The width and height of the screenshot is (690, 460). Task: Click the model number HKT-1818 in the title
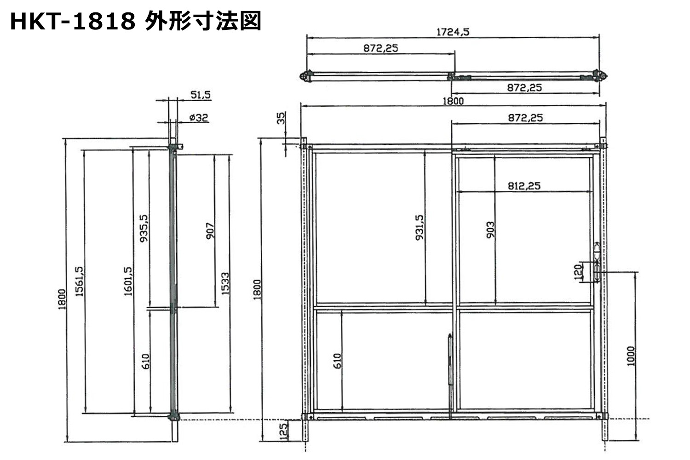point(73,21)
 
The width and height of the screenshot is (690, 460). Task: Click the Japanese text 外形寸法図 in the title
point(203,21)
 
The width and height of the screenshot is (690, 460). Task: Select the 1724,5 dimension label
point(453,32)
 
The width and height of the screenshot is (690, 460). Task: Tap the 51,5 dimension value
point(201,95)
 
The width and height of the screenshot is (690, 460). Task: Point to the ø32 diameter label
point(199,117)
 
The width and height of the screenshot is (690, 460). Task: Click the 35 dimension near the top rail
point(281,118)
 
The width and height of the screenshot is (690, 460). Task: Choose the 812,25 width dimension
point(524,186)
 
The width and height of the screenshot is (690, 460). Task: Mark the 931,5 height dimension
point(420,228)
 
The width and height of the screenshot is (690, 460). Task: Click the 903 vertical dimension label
point(490,230)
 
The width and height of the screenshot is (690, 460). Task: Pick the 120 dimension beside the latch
point(578,272)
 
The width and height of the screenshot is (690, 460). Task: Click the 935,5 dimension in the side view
point(144,228)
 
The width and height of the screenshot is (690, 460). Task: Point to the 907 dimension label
point(210,231)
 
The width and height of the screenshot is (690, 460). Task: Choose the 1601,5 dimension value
point(128,282)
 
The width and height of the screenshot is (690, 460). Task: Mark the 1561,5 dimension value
point(79,282)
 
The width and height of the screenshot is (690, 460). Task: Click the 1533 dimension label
point(225,284)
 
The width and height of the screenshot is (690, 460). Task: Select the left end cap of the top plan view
point(306,76)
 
